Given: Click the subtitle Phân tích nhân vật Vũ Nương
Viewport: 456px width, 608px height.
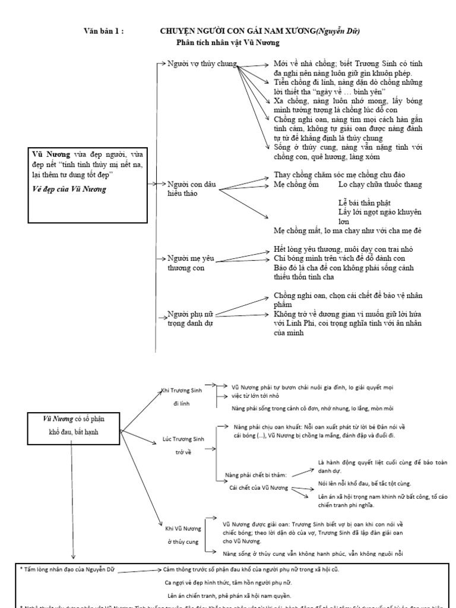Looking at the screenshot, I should [227, 43].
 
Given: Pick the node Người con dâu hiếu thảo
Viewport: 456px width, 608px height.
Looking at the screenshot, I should [190, 189].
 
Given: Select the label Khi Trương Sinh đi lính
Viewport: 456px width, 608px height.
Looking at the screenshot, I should [182, 396].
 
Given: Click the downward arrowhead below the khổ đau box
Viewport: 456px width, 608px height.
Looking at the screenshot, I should [72, 556].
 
